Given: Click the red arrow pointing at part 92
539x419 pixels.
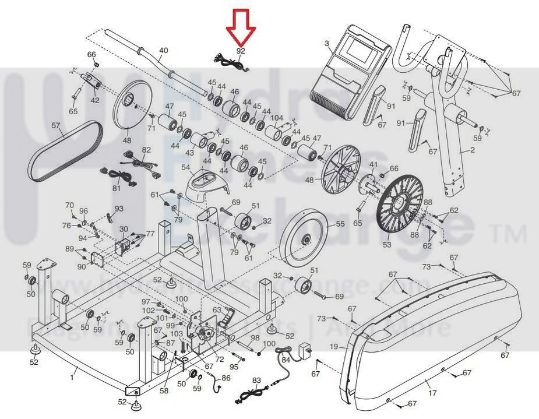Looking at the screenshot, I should click(241, 26).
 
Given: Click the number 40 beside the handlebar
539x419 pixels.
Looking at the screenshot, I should click(163, 51).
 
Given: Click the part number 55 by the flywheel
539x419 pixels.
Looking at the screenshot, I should click(340, 223).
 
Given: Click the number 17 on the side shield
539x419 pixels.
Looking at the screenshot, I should click(432, 393).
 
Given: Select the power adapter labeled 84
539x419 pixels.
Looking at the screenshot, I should click(302, 351).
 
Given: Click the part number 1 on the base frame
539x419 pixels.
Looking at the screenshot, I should click(72, 378).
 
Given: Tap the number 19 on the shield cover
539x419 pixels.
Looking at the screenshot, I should click(333, 347).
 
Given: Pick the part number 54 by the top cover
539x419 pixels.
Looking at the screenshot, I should click(186, 167).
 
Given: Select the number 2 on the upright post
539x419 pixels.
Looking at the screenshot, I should click(473, 149).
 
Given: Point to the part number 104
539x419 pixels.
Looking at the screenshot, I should click(277, 118).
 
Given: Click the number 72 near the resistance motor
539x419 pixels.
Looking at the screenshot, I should click(219, 360).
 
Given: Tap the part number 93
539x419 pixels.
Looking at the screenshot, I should click(119, 209).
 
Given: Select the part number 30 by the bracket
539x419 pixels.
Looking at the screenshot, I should click(124, 229).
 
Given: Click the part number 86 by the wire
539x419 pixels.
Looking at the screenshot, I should click(226, 378).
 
